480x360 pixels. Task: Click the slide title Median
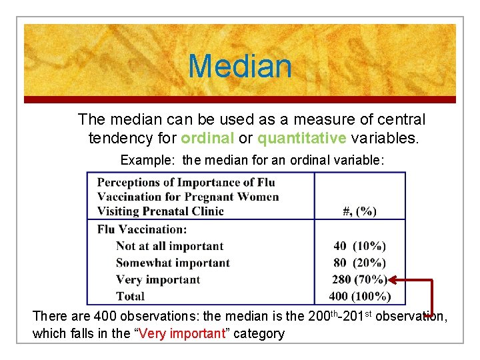coord(240,66)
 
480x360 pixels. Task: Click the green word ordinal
coord(207,138)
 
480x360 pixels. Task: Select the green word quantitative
coord(302,138)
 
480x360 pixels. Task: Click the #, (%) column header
coord(359,211)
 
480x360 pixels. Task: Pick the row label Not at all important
coord(169,246)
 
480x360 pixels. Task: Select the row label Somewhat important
coord(173,263)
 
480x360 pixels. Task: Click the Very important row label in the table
coord(157,279)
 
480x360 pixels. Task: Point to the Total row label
coord(130,296)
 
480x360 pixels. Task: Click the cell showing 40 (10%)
coord(359,246)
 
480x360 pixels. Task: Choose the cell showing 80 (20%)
coord(359,263)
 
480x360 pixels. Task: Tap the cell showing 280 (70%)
coord(359,279)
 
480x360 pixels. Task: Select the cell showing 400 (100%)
coord(359,296)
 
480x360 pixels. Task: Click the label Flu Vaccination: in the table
coord(142,229)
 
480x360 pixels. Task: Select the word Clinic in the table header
coord(206,211)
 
